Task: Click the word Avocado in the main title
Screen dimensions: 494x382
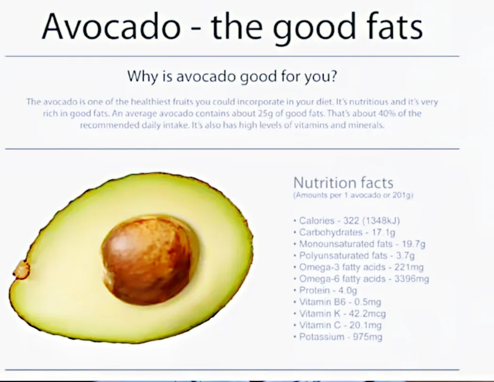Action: [x=112, y=26]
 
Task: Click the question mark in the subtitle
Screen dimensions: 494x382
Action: [x=333, y=76]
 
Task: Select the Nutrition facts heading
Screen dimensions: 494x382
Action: [x=343, y=183]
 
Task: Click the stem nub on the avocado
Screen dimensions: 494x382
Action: [x=21, y=270]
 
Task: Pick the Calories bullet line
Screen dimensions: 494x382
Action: [x=350, y=221]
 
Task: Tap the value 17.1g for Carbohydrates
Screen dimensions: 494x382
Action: [x=383, y=232]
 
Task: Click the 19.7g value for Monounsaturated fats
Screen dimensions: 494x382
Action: [x=414, y=244]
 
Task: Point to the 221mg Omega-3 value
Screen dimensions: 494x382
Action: [x=409, y=267]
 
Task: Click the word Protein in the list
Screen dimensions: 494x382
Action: [x=314, y=290]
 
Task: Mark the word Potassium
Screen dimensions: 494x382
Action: [x=322, y=337]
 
